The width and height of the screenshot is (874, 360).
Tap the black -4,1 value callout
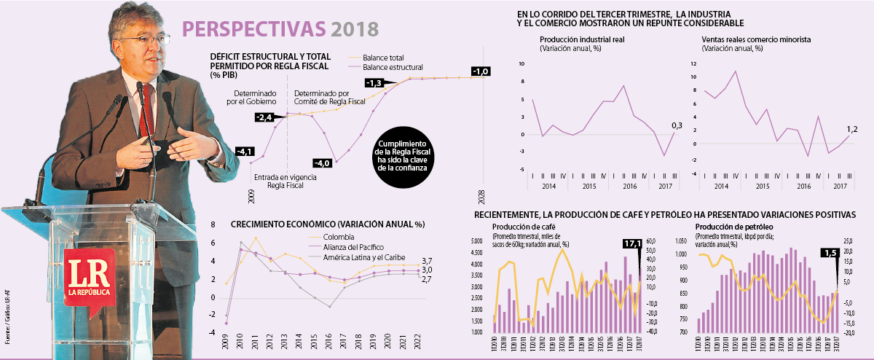[245, 152]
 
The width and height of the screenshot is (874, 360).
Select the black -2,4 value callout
[264, 117]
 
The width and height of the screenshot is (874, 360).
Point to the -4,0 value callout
[322, 163]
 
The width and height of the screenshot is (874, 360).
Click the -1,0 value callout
[481, 71]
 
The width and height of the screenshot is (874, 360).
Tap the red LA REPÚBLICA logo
[88, 281]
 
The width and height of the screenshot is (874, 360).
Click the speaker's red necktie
[146, 109]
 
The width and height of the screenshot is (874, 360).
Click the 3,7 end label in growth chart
[428, 261]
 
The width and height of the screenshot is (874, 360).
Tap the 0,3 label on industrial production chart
[677, 126]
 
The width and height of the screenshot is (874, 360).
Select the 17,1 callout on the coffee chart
[632, 244]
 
